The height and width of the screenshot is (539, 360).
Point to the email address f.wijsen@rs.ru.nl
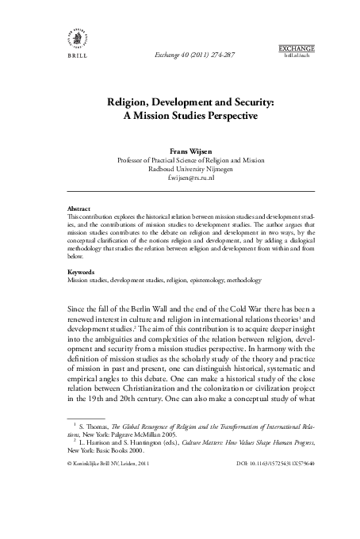click(181, 179)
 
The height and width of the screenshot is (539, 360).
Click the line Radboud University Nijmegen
click(181, 169)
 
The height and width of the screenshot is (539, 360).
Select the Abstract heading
click(79, 209)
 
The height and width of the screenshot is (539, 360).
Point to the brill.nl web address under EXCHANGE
click(297, 59)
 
